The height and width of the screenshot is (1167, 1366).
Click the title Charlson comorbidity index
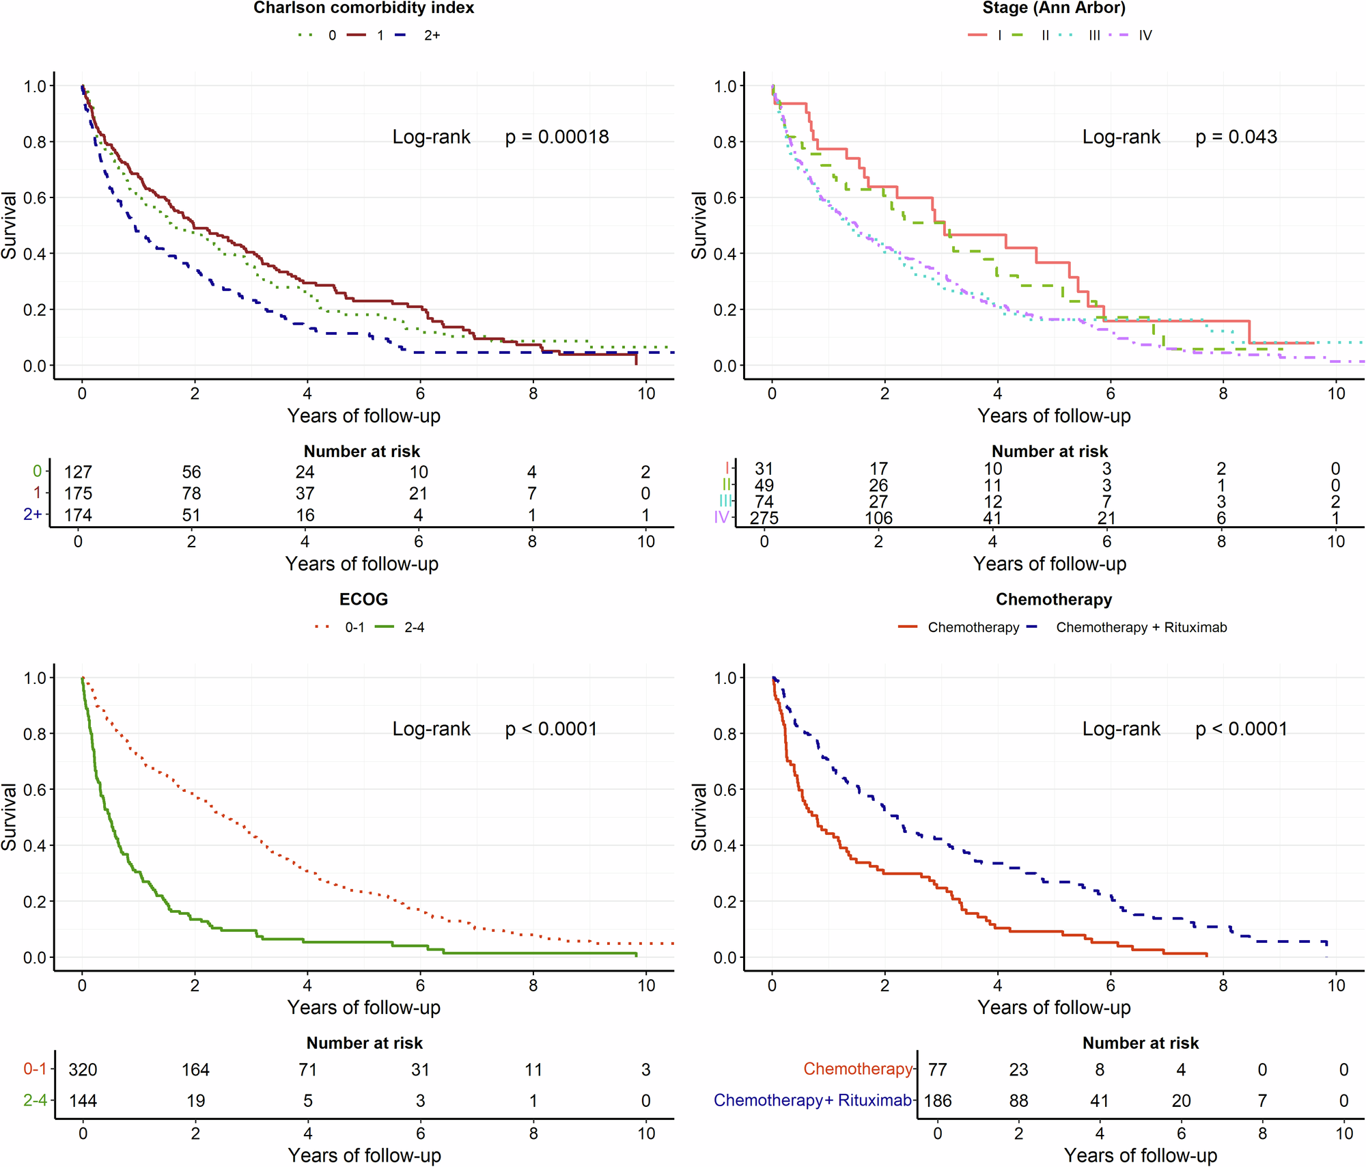tap(363, 8)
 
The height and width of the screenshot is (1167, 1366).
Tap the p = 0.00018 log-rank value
tap(557, 137)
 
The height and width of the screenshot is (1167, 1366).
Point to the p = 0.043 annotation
tap(1236, 137)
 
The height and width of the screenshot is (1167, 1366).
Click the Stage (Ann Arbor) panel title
tap(1054, 8)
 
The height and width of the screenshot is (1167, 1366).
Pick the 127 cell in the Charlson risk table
tap(78, 472)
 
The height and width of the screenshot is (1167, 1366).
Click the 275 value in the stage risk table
tap(764, 518)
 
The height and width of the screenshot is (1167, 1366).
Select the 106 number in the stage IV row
tap(878, 518)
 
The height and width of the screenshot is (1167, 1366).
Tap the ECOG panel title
tap(363, 600)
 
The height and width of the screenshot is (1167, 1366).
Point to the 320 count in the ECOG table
tap(83, 1069)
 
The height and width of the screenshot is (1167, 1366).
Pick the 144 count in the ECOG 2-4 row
tap(83, 1101)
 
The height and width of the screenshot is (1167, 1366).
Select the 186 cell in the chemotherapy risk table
tap(938, 1101)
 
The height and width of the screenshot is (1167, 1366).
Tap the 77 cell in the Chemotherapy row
tap(938, 1069)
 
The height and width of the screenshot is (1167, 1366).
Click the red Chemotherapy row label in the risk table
tap(857, 1069)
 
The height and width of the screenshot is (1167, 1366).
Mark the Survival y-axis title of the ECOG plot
tap(10, 816)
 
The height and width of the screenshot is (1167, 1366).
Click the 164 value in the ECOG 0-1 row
tap(195, 1069)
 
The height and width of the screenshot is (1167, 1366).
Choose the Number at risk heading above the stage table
tap(1050, 452)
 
